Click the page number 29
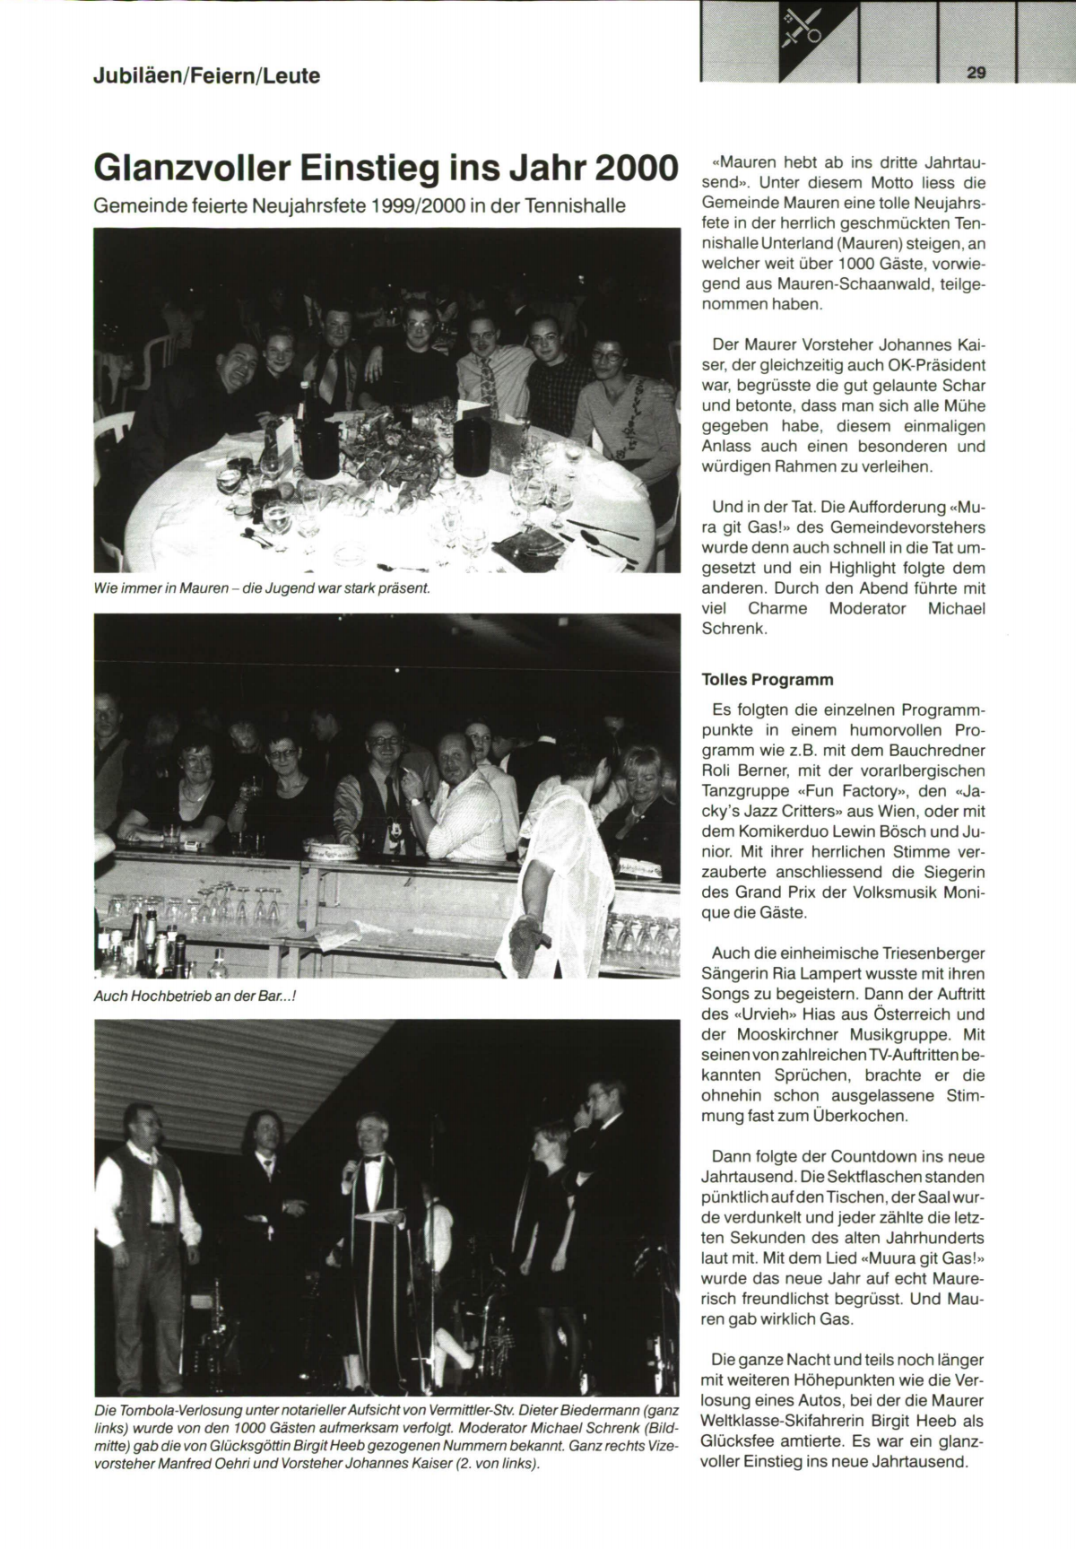976,74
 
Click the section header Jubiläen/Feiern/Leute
206,76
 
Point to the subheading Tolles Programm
768,679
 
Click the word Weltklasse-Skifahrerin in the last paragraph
796,1421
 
